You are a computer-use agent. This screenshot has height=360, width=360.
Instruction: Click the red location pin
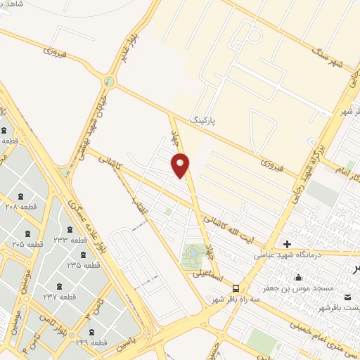[181, 164]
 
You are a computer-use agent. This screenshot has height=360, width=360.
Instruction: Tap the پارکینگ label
[224, 122]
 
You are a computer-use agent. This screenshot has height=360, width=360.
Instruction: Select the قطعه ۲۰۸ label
[20, 207]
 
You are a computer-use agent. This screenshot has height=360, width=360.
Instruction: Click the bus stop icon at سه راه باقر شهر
[236, 288]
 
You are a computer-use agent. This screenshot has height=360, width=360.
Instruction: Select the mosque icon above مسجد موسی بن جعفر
[299, 277]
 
